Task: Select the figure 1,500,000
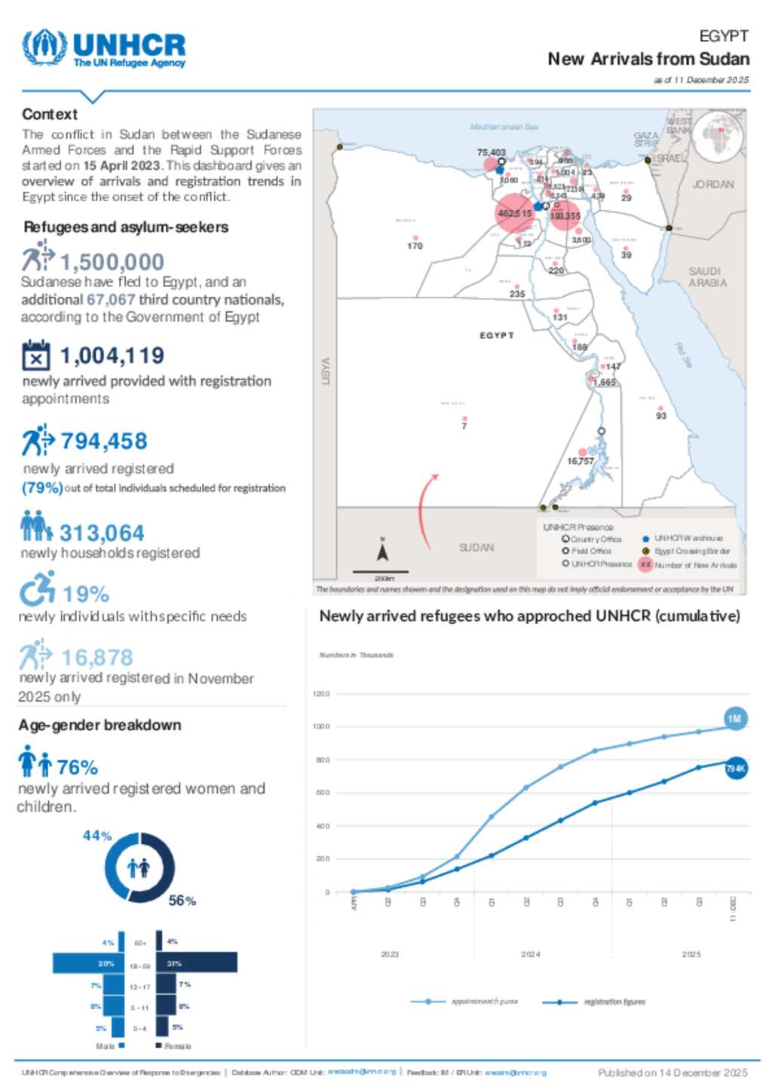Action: pyautogui.click(x=112, y=262)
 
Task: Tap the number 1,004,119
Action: pyautogui.click(x=112, y=355)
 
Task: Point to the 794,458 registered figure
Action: pyautogui.click(x=103, y=441)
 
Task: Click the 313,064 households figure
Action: pyautogui.click(x=102, y=533)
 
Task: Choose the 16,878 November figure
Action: pyautogui.click(x=96, y=657)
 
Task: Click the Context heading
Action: pyautogui.click(x=50, y=115)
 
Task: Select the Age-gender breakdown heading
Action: pyautogui.click(x=100, y=725)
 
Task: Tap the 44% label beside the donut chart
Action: pyautogui.click(x=97, y=836)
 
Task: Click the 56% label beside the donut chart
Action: pyautogui.click(x=182, y=901)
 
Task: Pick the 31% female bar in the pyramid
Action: pyautogui.click(x=196, y=962)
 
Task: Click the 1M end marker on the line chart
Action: pyautogui.click(x=734, y=718)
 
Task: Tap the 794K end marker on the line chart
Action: pyautogui.click(x=735, y=769)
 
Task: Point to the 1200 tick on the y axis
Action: pyautogui.click(x=321, y=694)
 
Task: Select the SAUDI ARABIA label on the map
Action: pyautogui.click(x=707, y=277)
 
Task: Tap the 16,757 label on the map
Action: pyautogui.click(x=580, y=461)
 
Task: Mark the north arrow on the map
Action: pyautogui.click(x=382, y=552)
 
